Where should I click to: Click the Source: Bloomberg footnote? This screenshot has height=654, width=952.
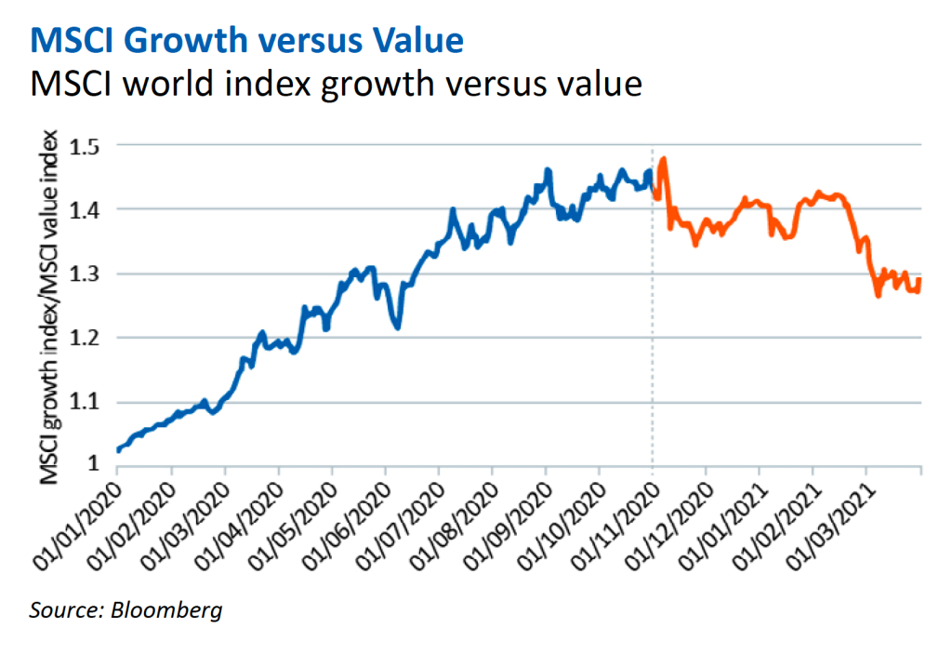(x=126, y=610)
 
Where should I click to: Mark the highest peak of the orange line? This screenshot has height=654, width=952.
(x=664, y=159)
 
